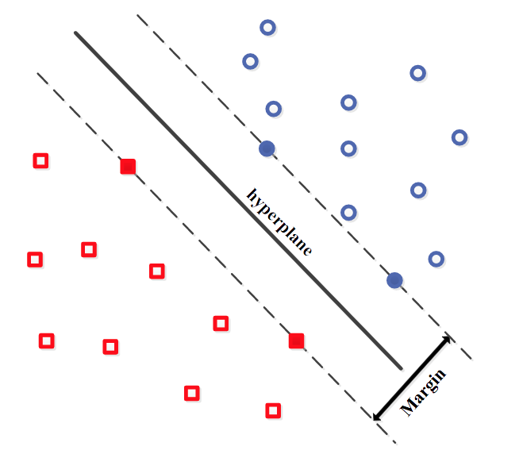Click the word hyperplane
[x=279, y=221]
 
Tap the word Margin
[x=424, y=392]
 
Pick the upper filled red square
[x=128, y=166]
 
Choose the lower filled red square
[x=296, y=340]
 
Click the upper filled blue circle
[x=267, y=148]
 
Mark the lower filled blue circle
[x=394, y=279]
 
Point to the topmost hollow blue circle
[x=268, y=28]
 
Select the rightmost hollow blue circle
[x=459, y=137]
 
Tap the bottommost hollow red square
[x=273, y=410]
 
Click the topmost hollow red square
[x=40, y=160]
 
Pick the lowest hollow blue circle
[x=436, y=259]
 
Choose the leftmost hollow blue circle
[x=250, y=61]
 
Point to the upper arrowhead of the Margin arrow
[x=447, y=339]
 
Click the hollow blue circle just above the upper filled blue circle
[x=274, y=108]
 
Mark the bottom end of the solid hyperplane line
[x=400, y=368]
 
